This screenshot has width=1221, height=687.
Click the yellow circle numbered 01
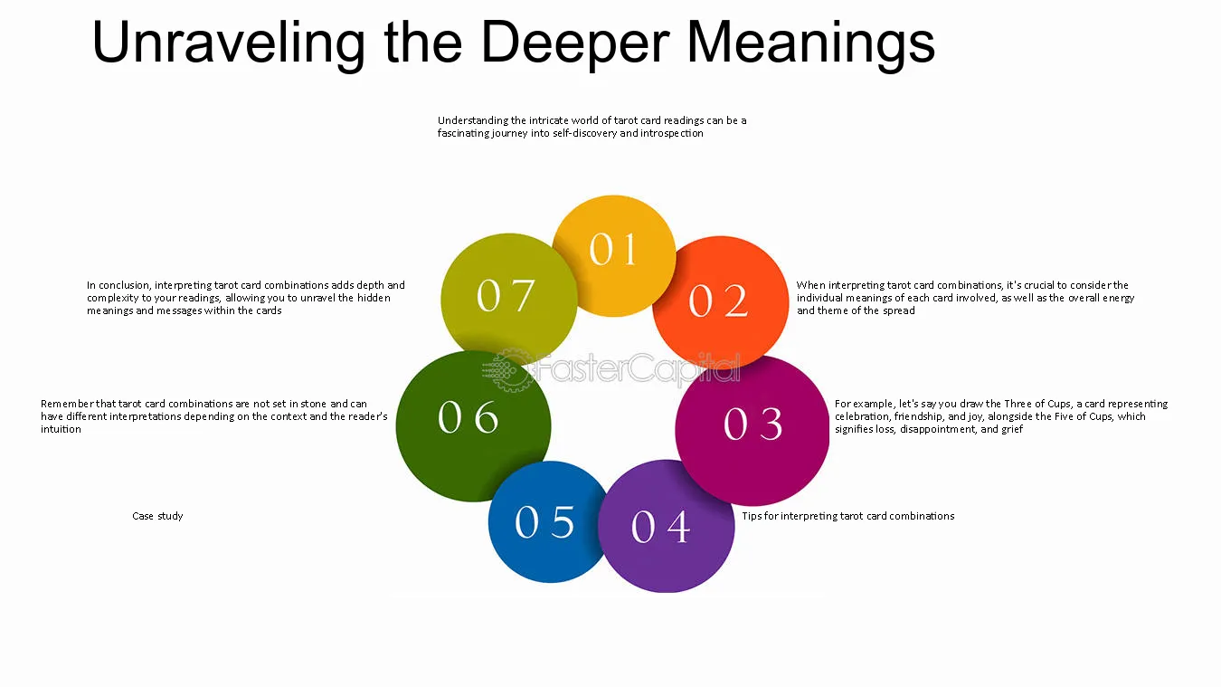click(614, 255)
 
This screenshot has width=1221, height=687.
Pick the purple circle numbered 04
click(666, 526)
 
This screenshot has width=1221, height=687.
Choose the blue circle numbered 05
click(547, 522)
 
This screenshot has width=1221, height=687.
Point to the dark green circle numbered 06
click(473, 426)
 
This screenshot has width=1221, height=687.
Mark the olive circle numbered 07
click(509, 299)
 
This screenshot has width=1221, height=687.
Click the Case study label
click(157, 516)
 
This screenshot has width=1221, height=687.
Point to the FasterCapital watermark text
click(639, 369)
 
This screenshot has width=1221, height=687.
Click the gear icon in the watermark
click(506, 370)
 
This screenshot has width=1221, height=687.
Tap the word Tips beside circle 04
click(752, 516)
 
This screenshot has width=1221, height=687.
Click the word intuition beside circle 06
click(61, 429)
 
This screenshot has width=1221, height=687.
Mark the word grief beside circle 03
click(1011, 429)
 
